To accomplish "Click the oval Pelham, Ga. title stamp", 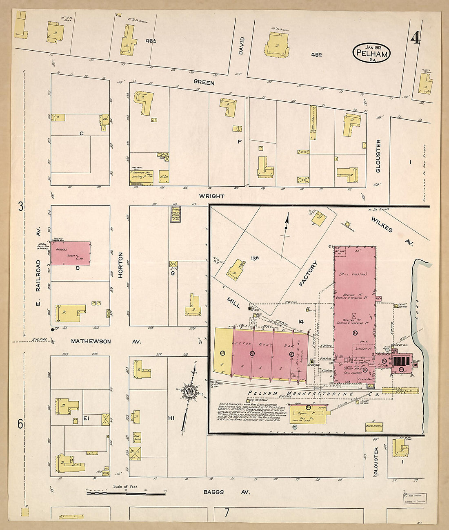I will (371, 53).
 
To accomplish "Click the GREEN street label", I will (203, 83).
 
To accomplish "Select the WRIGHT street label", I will (211, 196).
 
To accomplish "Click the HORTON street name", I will (120, 268).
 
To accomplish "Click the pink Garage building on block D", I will (71, 253).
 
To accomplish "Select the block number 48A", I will (151, 41).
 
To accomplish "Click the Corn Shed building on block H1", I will (137, 436).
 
